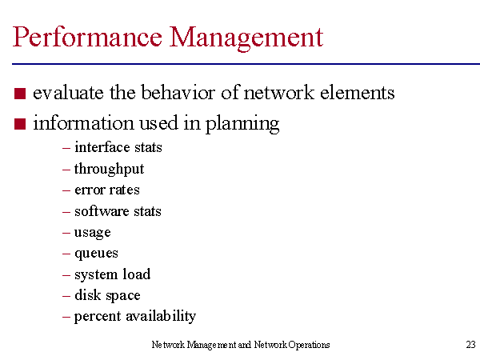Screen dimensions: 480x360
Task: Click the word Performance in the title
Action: pos(87,37)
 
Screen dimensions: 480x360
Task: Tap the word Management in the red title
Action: pos(246,38)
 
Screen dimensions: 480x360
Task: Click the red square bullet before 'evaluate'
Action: pos(20,94)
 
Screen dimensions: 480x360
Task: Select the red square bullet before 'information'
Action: pos(20,124)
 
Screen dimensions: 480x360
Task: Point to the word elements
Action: pos(358,92)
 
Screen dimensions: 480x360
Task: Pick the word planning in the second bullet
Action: pos(242,124)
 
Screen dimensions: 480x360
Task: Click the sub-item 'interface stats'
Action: pos(118,147)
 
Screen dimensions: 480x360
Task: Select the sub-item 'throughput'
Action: pos(109,170)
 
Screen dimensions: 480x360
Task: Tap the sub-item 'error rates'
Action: pos(107,190)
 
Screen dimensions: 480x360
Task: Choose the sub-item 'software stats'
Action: pos(118,211)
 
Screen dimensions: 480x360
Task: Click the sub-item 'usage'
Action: pos(93,233)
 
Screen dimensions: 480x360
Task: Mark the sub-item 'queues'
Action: pos(96,254)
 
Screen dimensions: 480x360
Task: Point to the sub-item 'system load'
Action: pos(112,274)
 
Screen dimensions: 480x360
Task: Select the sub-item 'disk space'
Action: pos(107,295)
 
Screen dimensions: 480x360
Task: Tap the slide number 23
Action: pos(471,345)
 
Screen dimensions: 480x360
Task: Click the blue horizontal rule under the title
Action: pos(246,64)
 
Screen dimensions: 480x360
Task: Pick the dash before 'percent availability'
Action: pos(66,317)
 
